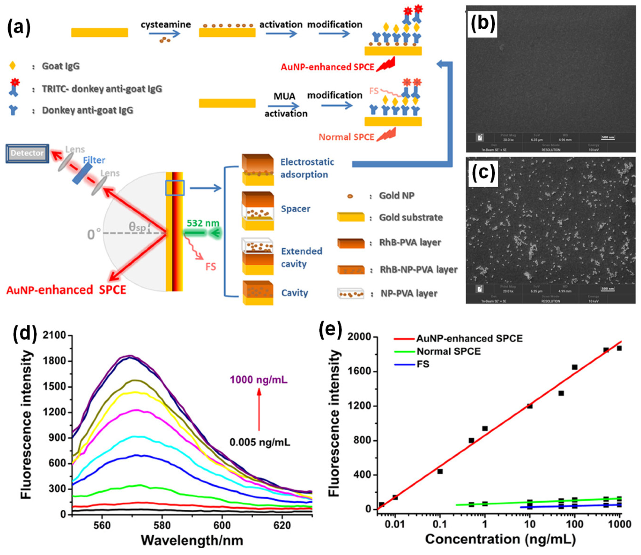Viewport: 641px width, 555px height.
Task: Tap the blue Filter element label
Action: point(94,160)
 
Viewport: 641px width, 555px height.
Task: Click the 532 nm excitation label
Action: point(203,223)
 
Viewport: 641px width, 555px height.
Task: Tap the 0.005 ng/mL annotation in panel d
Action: point(260,442)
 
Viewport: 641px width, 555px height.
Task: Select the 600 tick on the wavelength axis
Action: point(222,525)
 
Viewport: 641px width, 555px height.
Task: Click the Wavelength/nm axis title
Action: point(192,540)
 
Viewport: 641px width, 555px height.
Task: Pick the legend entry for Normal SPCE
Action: point(448,351)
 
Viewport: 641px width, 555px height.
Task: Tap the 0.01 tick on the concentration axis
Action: point(395,525)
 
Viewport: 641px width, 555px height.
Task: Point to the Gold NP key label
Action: point(396,196)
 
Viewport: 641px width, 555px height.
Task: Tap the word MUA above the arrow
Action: point(284,96)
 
